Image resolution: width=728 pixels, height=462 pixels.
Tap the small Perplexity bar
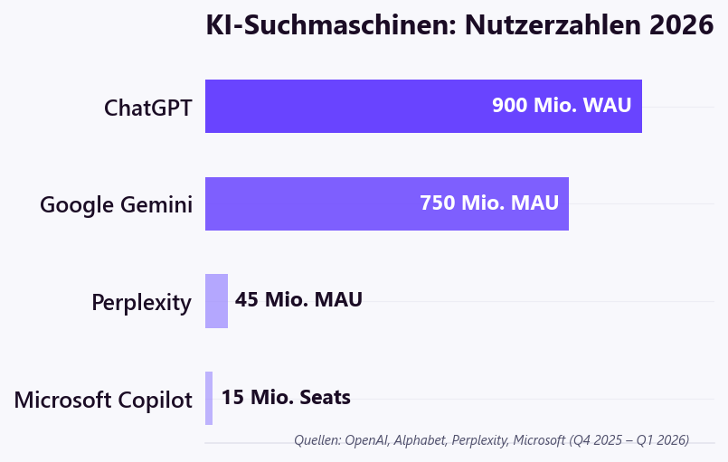point(216,300)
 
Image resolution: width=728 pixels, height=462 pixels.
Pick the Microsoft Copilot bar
point(209,398)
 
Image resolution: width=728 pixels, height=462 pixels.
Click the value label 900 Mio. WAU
point(561,105)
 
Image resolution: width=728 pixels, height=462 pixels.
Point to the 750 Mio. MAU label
point(489,203)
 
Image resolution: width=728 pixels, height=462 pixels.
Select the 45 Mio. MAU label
point(298,299)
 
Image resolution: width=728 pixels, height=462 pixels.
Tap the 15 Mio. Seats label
point(286,397)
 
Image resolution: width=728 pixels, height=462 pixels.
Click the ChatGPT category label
point(147,108)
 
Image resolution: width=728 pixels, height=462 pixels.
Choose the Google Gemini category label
point(116,205)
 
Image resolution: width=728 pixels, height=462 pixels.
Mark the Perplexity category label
point(141,303)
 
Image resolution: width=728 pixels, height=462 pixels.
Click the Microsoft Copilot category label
point(103,400)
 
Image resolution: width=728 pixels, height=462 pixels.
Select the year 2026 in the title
point(682,25)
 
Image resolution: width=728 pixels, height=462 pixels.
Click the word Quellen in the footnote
point(317,440)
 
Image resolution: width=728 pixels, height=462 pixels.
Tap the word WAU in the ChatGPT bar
point(607,105)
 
